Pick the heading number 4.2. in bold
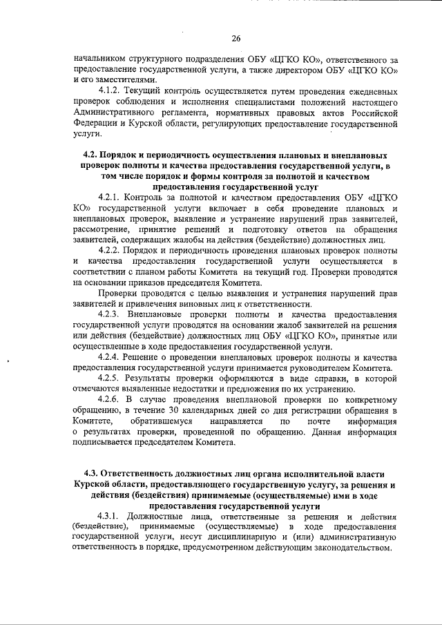pos(91,156)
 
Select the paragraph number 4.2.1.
pos(113,198)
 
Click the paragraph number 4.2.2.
pos(113,249)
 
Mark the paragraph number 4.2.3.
pos(113,314)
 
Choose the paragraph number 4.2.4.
pos(113,357)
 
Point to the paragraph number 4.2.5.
pos(113,379)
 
